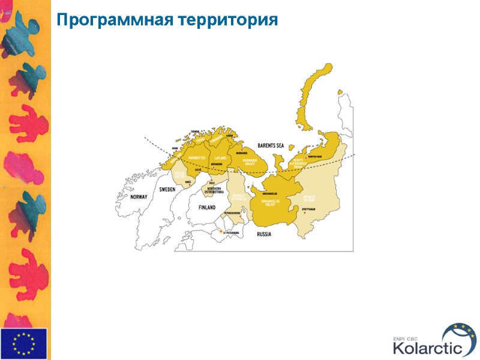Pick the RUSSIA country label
click(x=263, y=233)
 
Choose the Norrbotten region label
click(x=196, y=158)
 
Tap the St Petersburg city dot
click(x=221, y=231)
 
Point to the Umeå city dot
click(x=190, y=185)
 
